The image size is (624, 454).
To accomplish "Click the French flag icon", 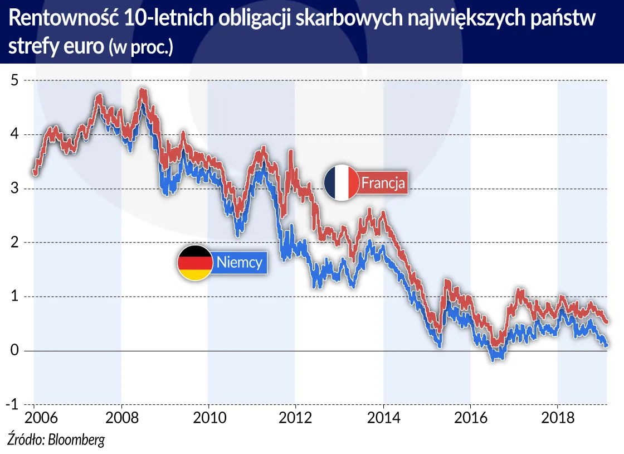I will click(342, 182).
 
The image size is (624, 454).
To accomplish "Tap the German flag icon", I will click(195, 262).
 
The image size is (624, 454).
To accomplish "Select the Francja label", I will click(384, 182).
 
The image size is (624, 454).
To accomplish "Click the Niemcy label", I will click(239, 262).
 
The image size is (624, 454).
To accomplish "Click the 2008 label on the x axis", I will click(121, 418).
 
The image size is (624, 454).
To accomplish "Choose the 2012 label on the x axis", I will click(296, 418).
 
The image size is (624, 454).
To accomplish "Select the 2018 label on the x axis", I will click(558, 418).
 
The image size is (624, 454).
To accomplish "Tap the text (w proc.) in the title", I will click(141, 48).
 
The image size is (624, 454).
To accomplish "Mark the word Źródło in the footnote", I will click(25, 439).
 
